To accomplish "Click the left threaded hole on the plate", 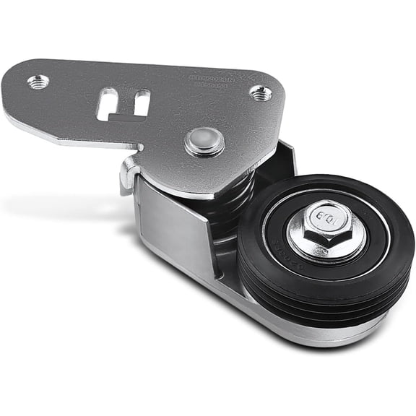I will (x=38, y=82).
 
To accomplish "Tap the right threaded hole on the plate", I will (x=261, y=92).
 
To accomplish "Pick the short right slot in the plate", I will (x=142, y=102).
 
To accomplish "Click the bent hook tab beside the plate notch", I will (x=129, y=173).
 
